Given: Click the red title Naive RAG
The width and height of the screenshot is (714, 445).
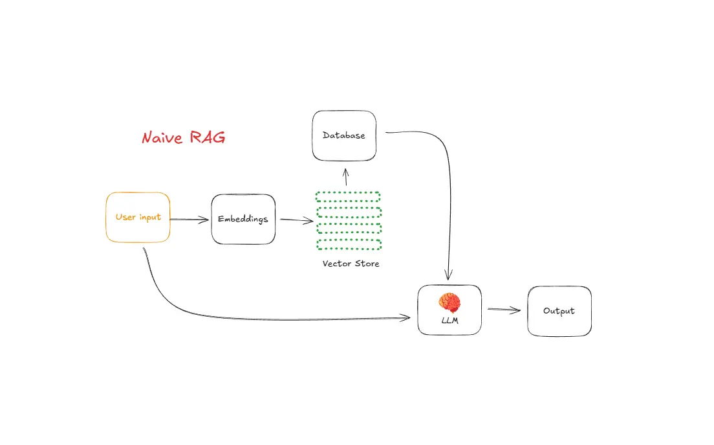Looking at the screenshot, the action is click(184, 137).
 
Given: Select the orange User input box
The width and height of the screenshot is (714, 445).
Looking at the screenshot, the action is click(138, 217).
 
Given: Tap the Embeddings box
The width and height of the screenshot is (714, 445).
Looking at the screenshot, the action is click(243, 220).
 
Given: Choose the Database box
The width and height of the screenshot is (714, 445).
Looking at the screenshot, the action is click(344, 135).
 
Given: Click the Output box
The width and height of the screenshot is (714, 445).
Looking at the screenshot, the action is click(559, 311).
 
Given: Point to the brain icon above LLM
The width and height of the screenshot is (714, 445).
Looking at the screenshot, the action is click(449, 302).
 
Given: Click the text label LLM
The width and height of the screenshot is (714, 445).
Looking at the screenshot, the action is click(450, 321).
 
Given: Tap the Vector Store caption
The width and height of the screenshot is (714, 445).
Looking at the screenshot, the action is click(351, 264).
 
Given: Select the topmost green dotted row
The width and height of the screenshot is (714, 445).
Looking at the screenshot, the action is click(348, 196).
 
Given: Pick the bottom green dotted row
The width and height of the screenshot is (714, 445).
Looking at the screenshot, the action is click(349, 245).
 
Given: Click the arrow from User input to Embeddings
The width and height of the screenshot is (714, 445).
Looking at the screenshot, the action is click(189, 220).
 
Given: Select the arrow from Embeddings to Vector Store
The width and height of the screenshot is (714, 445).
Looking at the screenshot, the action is click(297, 220).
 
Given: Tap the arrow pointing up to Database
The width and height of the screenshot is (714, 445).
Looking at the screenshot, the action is click(345, 177).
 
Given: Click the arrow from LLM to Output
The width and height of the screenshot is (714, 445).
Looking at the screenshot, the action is click(504, 310).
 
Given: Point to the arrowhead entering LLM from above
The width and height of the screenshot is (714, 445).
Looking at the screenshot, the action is click(449, 275).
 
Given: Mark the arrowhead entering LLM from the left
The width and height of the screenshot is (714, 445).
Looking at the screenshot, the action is click(405, 317).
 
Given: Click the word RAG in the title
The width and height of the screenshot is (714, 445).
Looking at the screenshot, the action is click(207, 137).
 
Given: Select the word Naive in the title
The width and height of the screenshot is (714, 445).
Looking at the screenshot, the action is click(162, 138).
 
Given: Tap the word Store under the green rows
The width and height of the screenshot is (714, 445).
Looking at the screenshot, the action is click(367, 264).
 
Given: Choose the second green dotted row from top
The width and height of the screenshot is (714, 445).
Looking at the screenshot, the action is click(349, 212).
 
